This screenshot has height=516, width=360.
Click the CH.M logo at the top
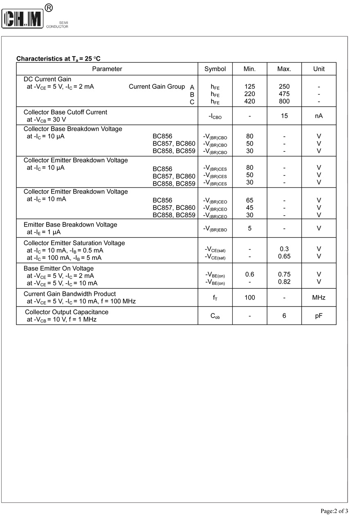coord(22,18)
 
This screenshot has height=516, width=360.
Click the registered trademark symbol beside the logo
coord(48,7)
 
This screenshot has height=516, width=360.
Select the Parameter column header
coord(107,69)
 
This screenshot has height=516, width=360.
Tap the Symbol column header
coord(215,69)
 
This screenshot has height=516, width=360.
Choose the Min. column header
coord(250,69)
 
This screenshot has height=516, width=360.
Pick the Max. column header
coord(284,69)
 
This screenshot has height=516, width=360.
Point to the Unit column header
coord(319,69)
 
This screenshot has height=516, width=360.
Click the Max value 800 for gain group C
coord(284,101)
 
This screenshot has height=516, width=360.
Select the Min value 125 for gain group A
coord(250,87)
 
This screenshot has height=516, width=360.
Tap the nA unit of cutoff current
coord(319,116)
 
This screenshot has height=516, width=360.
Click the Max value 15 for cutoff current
coord(284,116)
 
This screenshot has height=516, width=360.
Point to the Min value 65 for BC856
coord(250,201)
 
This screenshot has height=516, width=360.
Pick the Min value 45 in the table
coord(250,208)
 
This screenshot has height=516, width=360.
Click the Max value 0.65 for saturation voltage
coord(284,257)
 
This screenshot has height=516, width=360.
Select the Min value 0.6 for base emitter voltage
coord(250,275)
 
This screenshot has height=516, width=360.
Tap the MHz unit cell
coord(319,297)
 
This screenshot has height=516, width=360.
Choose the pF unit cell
coord(319,316)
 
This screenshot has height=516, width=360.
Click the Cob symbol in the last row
coord(215,316)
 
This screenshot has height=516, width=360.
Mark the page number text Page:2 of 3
coord(334,511)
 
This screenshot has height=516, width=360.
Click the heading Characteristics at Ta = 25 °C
coord(59,59)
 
